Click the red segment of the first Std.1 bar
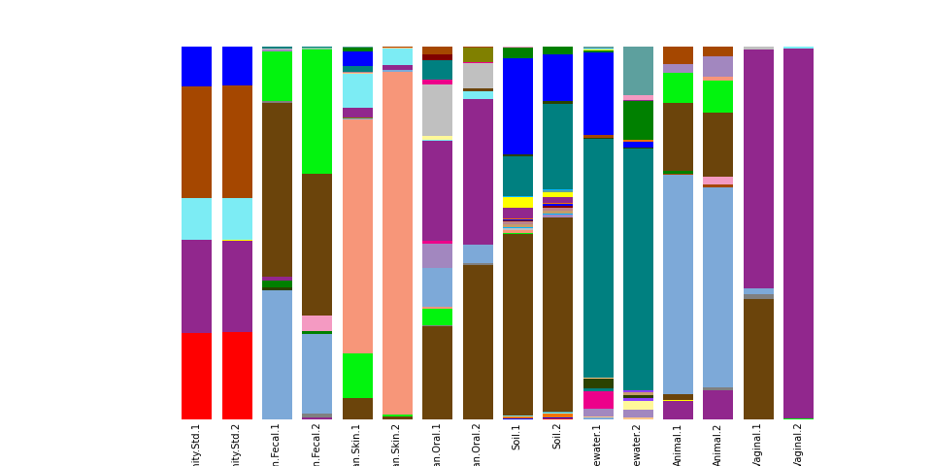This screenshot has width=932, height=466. point(196,377)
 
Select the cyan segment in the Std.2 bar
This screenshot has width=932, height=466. point(237,218)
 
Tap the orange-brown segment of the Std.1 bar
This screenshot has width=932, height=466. point(196,142)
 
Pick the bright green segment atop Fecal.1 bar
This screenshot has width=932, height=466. point(277,76)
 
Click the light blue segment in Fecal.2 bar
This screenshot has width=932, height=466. point(316,373)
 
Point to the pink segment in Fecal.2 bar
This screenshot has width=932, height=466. point(316,322)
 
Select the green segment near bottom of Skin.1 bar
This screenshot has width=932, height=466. point(357,375)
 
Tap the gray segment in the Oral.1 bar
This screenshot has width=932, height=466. point(437,110)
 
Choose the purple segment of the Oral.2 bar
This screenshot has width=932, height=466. point(478,171)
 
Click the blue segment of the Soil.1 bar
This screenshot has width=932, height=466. point(517,106)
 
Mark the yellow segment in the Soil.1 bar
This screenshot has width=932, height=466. point(517,202)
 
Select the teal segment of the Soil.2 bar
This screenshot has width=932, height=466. point(557,147)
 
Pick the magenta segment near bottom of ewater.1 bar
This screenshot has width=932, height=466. point(598,400)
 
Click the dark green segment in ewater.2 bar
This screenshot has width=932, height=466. point(638,119)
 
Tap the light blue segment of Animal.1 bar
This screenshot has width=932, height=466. point(678,284)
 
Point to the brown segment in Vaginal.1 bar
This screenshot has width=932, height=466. point(758,359)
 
